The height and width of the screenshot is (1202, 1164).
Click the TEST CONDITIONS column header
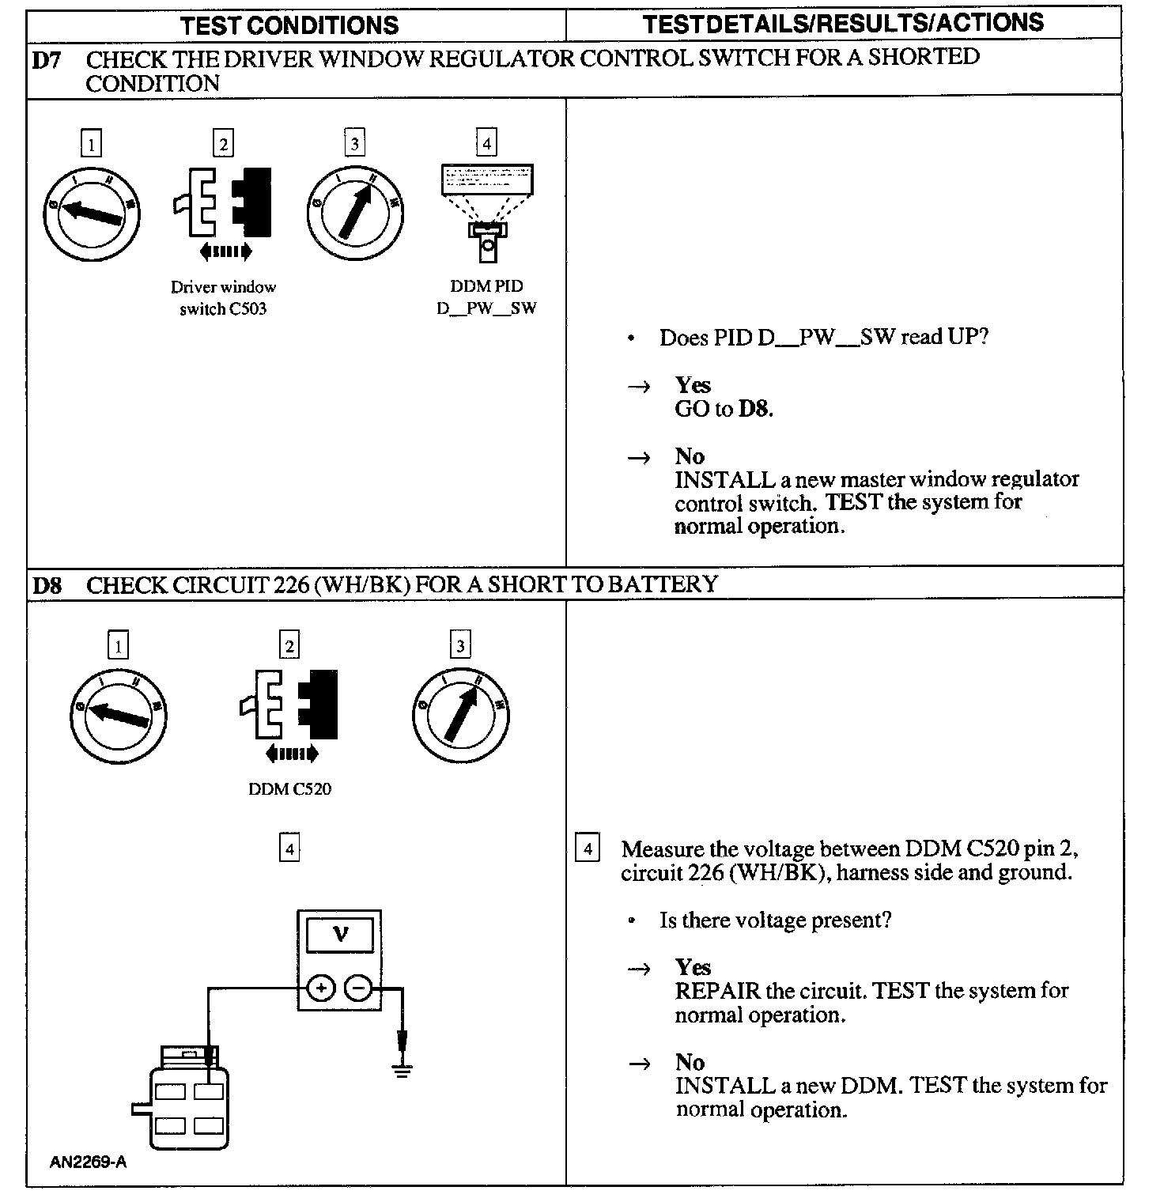click(289, 25)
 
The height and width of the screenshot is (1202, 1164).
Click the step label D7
click(47, 60)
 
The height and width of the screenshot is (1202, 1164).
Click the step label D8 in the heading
click(47, 586)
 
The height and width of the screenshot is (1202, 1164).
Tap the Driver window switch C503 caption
click(223, 298)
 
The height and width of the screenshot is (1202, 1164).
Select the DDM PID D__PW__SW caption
click(486, 297)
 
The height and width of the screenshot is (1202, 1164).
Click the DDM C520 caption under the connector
click(289, 789)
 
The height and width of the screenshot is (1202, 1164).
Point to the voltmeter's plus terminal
click(321, 988)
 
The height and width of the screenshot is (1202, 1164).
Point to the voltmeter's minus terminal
click(358, 988)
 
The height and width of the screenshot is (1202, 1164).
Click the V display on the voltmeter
click(340, 935)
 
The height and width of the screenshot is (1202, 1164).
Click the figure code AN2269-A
click(88, 1162)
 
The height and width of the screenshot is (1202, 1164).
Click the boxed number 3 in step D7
click(354, 143)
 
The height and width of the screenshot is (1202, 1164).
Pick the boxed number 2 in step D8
click(289, 646)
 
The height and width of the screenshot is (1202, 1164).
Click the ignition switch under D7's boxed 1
click(92, 212)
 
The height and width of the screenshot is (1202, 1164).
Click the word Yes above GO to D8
click(693, 385)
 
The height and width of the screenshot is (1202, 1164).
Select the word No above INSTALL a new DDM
click(690, 1062)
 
